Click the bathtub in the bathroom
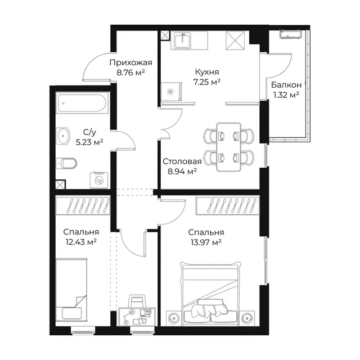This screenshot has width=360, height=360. (82, 103)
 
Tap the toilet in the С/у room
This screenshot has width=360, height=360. (66, 163)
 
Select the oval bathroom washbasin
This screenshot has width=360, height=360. (62, 136)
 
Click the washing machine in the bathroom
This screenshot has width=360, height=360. (99, 180)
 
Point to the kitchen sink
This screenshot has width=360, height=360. (182, 40)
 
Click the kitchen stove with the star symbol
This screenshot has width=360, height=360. (171, 92)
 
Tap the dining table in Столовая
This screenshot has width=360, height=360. (229, 147)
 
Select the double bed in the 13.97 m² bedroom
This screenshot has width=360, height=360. (211, 294)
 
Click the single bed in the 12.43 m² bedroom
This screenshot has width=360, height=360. (71, 290)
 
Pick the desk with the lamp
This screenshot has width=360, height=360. (137, 317)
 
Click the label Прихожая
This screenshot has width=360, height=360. (131, 62)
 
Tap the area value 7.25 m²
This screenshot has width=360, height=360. (207, 82)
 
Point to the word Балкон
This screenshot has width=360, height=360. (286, 85)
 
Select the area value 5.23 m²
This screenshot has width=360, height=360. (89, 142)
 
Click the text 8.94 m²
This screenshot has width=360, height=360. (182, 171)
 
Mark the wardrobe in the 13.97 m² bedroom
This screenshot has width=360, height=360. (227, 205)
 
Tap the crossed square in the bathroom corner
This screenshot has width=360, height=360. (60, 184)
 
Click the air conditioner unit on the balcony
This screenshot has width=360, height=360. (290, 34)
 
